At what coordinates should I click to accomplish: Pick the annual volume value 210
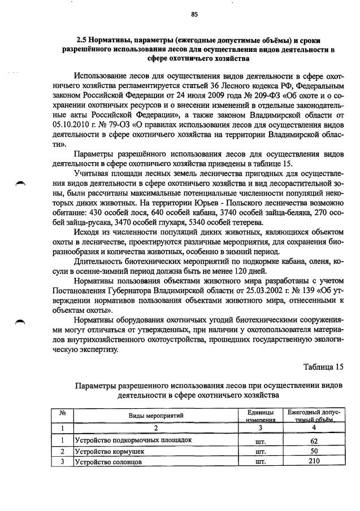314,462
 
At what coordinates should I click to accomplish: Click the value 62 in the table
314,440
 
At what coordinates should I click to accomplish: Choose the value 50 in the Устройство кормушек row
314,451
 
